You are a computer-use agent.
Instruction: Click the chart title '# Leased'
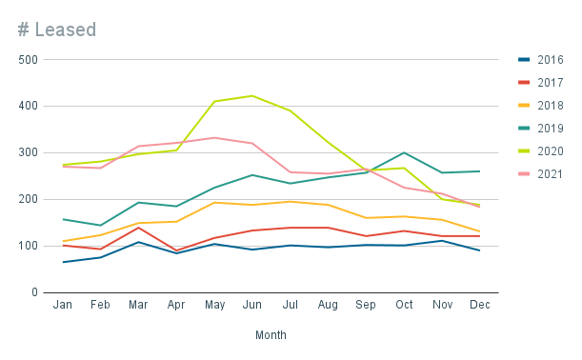pos(57,30)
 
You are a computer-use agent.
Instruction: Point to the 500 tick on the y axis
pos(28,60)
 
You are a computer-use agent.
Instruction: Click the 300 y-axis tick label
pos(28,152)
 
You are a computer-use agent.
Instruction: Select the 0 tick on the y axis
pos(33,292)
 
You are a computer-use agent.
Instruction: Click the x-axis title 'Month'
pos(271,335)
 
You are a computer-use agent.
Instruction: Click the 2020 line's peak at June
pos(251,95)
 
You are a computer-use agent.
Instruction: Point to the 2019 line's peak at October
pos(403,152)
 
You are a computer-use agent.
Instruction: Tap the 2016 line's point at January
pos(63,262)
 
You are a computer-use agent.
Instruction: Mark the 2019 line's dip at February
pos(100,226)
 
